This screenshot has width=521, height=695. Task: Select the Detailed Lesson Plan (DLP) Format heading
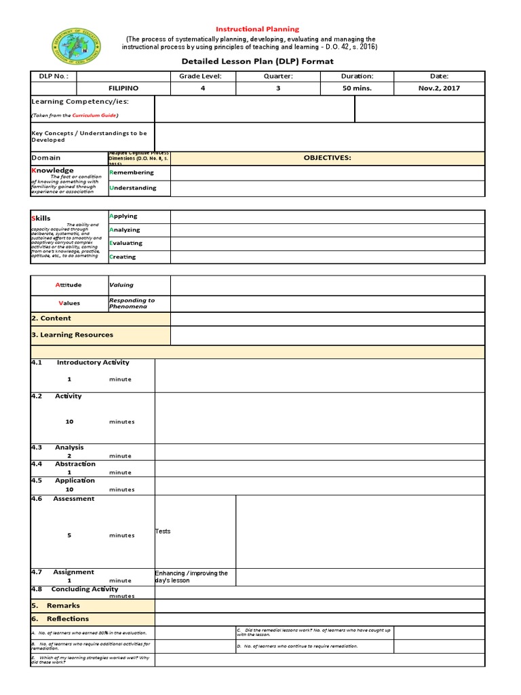click(x=257, y=62)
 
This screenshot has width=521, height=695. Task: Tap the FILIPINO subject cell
click(x=123, y=88)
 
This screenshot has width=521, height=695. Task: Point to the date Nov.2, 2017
click(x=438, y=88)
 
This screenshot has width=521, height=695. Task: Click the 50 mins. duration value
click(x=357, y=88)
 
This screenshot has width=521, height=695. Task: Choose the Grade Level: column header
click(x=200, y=76)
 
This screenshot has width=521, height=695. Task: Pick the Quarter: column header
click(x=278, y=76)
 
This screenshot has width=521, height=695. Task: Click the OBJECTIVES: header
click(x=327, y=157)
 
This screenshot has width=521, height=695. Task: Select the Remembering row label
click(x=132, y=172)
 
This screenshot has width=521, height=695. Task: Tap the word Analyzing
click(x=126, y=229)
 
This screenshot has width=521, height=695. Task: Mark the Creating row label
click(x=123, y=257)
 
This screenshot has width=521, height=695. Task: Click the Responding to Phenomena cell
click(x=132, y=303)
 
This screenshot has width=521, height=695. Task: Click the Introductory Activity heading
click(x=93, y=362)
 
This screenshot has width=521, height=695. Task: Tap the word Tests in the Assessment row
click(x=163, y=531)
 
